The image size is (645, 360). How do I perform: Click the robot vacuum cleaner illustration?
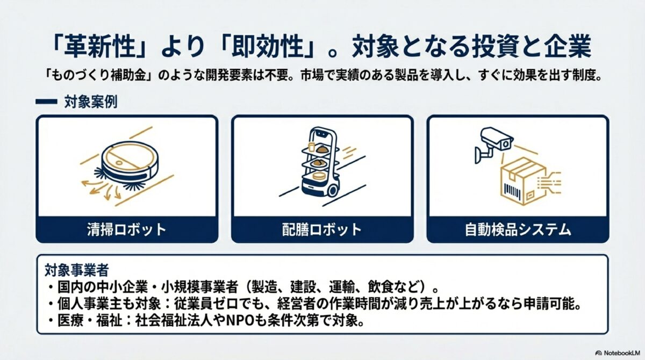point(126,161)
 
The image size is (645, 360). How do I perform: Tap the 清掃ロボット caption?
point(126,230)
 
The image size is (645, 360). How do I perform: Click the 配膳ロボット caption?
point(322,230)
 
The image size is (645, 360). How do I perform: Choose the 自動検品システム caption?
point(518,230)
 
